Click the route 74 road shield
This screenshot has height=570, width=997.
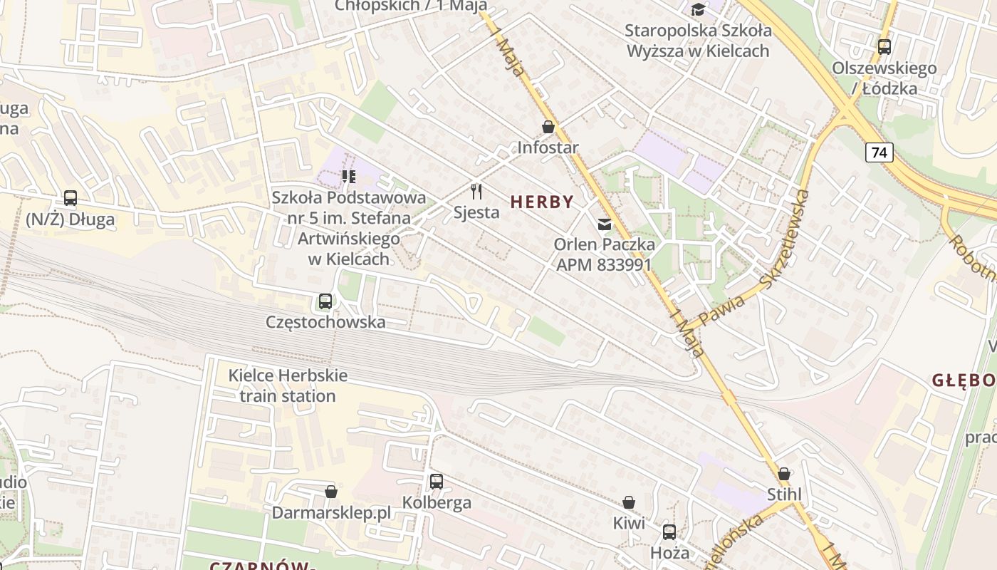pos(879,152)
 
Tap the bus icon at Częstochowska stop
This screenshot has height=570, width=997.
pos(325,301)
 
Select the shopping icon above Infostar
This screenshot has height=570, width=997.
pos(548,127)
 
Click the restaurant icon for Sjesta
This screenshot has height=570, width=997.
pos(476,191)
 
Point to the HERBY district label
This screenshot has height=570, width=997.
pos(542,202)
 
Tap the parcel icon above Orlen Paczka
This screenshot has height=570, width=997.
pos(605,224)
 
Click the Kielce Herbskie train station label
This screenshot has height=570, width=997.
pos(288,385)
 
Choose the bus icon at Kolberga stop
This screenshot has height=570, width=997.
pos(437,482)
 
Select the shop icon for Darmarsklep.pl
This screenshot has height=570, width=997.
pos(331,492)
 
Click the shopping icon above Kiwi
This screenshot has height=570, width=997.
pos(629,502)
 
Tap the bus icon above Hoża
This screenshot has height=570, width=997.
pos(669,532)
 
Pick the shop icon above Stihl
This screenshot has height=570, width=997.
pos(784,474)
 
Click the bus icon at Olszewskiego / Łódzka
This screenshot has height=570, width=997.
pos(884,47)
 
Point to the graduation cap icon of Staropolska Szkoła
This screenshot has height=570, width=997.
pos(698,9)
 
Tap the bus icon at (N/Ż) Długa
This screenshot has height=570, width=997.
pos(71,198)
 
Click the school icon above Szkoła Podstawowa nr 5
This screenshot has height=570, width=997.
pos(348,176)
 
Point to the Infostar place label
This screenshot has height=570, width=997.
pos(548,147)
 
